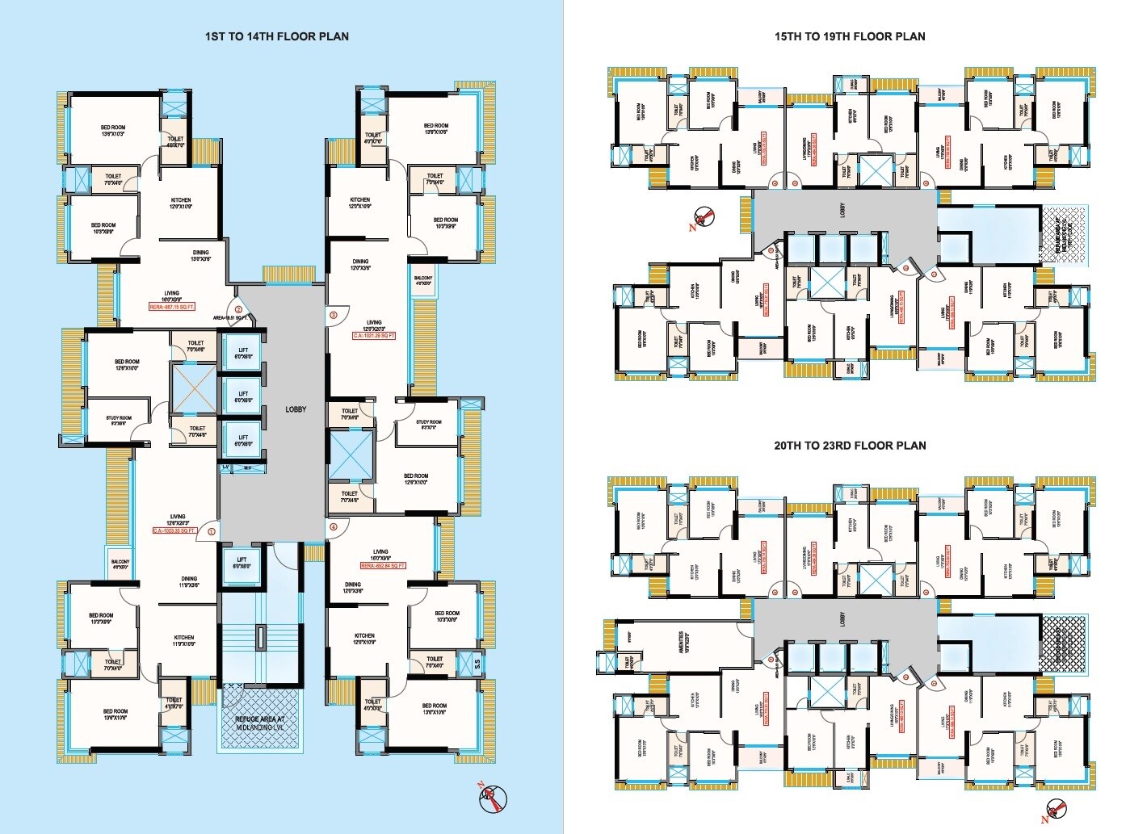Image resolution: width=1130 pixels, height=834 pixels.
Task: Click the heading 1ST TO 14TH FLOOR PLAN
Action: pyautogui.click(x=276, y=36)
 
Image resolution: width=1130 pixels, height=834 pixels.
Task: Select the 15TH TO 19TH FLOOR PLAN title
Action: pyautogui.click(x=850, y=36)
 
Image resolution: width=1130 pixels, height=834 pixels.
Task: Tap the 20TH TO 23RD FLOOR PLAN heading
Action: pyautogui.click(x=850, y=446)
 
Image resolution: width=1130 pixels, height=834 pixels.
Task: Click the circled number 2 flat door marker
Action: pyautogui.click(x=238, y=309)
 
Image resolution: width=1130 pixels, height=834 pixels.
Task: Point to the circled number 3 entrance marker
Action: pyautogui.click(x=332, y=314)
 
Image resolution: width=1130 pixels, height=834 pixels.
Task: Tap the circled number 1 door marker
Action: pyautogui.click(x=211, y=531)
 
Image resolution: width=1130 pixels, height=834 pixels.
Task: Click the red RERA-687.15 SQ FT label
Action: pyautogui.click(x=171, y=307)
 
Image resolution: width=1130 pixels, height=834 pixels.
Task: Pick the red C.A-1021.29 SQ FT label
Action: pyautogui.click(x=373, y=335)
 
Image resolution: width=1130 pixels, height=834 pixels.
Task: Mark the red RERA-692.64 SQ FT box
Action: pyautogui.click(x=382, y=566)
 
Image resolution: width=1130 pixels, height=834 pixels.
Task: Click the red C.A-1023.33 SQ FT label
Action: pyautogui.click(x=174, y=530)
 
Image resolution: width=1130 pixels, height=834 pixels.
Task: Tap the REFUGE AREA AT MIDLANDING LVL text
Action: pyautogui.click(x=259, y=723)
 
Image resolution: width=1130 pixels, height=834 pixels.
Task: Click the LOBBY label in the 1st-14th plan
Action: pyautogui.click(x=296, y=409)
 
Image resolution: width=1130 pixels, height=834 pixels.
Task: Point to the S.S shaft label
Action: pyautogui.click(x=477, y=664)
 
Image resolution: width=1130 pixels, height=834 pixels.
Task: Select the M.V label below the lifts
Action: pyautogui.click(x=248, y=468)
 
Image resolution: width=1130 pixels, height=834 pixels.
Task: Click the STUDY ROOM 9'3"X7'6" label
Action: pyautogui.click(x=429, y=425)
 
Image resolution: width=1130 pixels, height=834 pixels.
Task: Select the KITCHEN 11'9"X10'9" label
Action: pyautogui.click(x=183, y=641)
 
